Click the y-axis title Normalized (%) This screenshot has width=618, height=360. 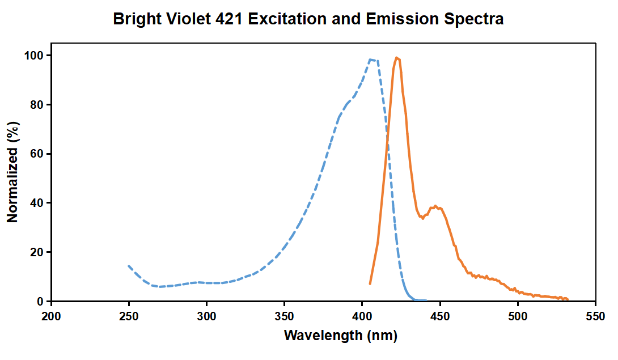coord(12,171)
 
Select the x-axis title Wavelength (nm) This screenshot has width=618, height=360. coord(340,335)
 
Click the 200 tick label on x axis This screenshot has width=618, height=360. coord(52,315)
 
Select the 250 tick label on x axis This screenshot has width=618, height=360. coord(129,315)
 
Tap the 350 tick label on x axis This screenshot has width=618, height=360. coord(285,315)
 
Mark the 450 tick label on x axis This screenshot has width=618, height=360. coord(440,315)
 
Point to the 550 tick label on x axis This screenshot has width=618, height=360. coord(595,315)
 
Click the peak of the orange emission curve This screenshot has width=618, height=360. coord(397,57)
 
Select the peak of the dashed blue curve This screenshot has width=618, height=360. coord(371,60)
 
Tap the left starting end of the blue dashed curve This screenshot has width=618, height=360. coord(129,266)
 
